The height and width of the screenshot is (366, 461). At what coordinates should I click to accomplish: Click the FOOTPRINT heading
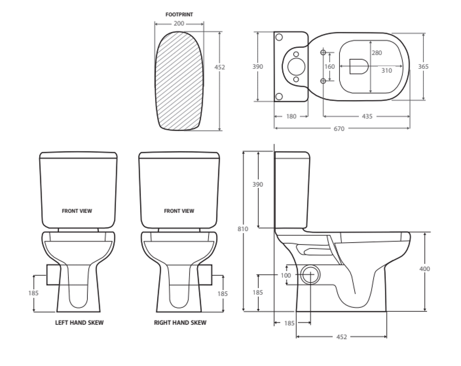(x=179, y=15)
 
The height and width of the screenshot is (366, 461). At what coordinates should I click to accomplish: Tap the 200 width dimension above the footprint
(x=179, y=24)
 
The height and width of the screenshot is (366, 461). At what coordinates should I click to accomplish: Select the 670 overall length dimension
(x=339, y=129)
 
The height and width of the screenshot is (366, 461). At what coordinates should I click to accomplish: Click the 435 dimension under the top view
(x=367, y=117)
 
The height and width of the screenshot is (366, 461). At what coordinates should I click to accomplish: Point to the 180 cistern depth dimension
(x=291, y=117)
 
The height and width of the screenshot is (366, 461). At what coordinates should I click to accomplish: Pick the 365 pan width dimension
(x=423, y=66)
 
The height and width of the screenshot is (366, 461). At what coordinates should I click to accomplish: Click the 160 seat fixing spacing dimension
(x=330, y=67)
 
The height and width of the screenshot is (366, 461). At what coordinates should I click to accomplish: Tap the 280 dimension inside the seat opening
(x=377, y=53)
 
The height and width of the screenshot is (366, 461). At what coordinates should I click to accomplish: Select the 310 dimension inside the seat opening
(x=387, y=71)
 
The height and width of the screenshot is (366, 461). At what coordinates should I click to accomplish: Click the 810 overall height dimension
(x=243, y=229)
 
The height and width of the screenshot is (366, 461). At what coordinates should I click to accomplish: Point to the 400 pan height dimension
(x=425, y=269)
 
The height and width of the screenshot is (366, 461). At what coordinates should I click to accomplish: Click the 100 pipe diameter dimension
(x=286, y=275)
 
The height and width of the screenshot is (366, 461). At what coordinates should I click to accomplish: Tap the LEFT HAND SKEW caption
(x=79, y=323)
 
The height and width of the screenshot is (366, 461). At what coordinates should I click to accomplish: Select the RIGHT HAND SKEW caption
(x=180, y=323)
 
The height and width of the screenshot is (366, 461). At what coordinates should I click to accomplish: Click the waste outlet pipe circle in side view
(x=310, y=275)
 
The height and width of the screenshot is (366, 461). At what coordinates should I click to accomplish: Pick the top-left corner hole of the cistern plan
(x=279, y=37)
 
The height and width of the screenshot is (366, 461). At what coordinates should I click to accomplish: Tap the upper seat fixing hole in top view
(x=323, y=52)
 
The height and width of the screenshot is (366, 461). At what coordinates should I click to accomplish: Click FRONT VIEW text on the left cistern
(x=77, y=211)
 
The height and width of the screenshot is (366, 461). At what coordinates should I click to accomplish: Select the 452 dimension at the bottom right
(x=341, y=337)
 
